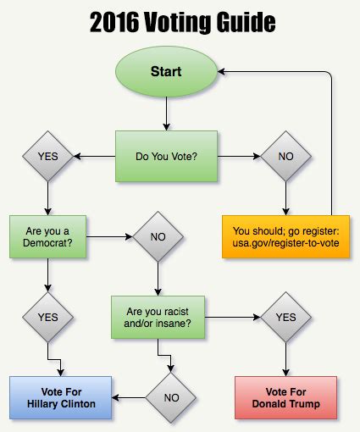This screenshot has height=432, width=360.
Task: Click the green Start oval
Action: click(166, 73)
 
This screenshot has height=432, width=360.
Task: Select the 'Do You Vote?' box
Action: click(166, 156)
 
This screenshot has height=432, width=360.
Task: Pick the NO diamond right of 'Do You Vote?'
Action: click(285, 156)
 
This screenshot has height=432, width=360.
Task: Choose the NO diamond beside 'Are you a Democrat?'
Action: click(158, 236)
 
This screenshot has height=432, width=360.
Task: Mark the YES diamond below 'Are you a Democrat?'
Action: click(48, 317)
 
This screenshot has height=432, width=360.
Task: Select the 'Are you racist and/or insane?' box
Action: click(158, 317)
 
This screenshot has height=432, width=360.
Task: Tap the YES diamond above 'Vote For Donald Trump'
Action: click(285, 317)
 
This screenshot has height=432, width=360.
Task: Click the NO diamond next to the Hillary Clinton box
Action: click(172, 396)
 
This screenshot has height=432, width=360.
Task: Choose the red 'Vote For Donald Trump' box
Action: click(285, 396)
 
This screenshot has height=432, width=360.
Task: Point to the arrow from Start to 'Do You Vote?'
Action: click(166, 111)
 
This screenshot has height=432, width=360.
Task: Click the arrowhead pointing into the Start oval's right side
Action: click(219, 73)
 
